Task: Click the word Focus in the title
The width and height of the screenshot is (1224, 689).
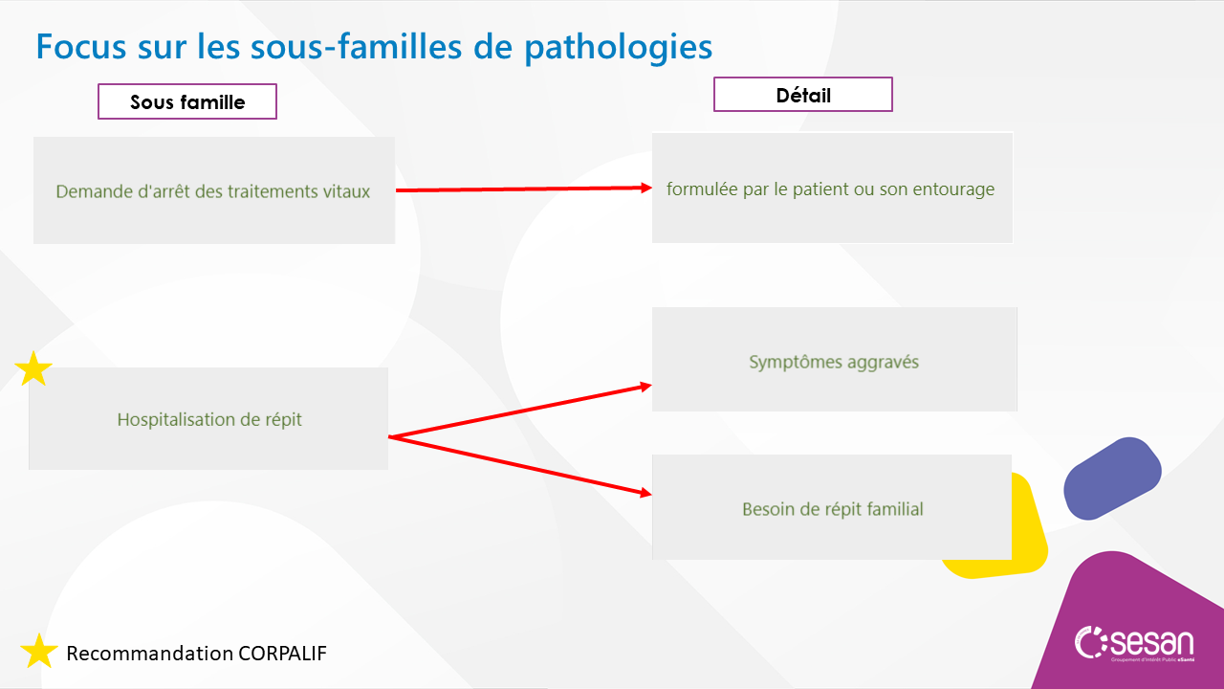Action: click(x=81, y=47)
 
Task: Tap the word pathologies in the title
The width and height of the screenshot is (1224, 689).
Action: click(x=619, y=48)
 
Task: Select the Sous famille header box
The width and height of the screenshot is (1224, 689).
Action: click(x=187, y=101)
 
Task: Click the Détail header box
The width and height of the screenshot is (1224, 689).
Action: click(x=802, y=95)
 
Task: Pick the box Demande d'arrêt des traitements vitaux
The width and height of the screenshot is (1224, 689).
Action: click(x=214, y=190)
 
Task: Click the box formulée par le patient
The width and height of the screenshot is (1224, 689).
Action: click(x=832, y=189)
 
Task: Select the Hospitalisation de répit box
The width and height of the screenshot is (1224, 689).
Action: click(x=208, y=418)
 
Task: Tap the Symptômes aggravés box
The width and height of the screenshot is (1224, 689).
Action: click(x=835, y=359)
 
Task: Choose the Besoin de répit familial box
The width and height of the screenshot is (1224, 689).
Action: click(x=832, y=507)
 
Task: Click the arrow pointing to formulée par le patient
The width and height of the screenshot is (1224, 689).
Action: click(x=523, y=189)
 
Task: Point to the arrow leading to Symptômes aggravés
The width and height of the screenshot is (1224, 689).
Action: click(x=519, y=411)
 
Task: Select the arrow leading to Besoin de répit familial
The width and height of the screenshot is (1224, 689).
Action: click(x=519, y=465)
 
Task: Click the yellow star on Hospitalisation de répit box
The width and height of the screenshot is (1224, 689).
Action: click(x=33, y=369)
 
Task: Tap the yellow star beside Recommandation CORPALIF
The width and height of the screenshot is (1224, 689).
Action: click(x=39, y=651)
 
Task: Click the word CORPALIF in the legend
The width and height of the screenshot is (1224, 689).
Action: click(x=282, y=654)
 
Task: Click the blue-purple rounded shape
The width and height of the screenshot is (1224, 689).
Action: click(x=1112, y=478)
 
